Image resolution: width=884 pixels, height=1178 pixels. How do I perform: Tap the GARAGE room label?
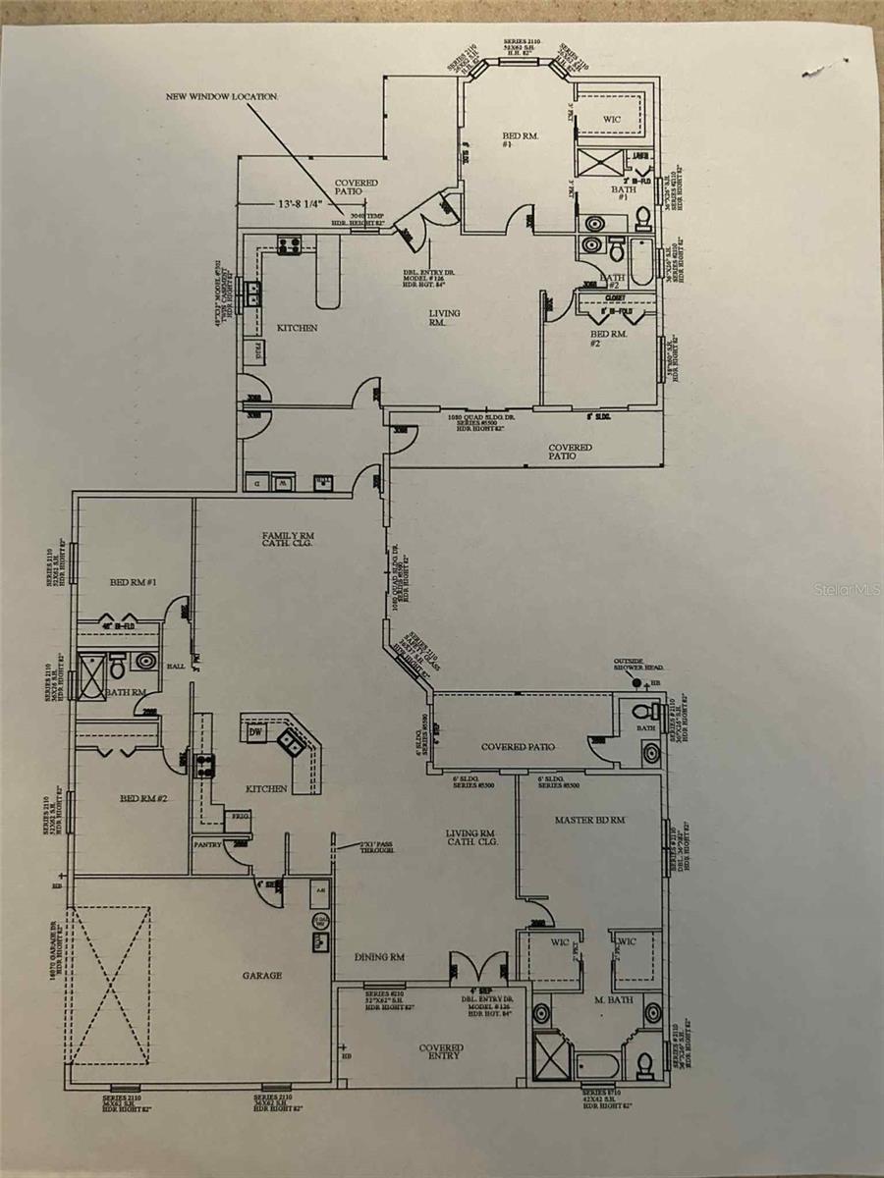click(262, 975)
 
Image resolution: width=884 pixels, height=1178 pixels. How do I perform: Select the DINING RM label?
click(379, 957)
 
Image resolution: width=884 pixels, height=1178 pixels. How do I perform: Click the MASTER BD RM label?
click(590, 819)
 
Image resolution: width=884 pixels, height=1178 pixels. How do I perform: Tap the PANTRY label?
click(207, 843)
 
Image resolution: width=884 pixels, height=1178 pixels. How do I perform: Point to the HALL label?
click(176, 666)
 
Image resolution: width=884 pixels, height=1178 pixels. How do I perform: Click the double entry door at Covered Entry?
click(477, 967)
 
